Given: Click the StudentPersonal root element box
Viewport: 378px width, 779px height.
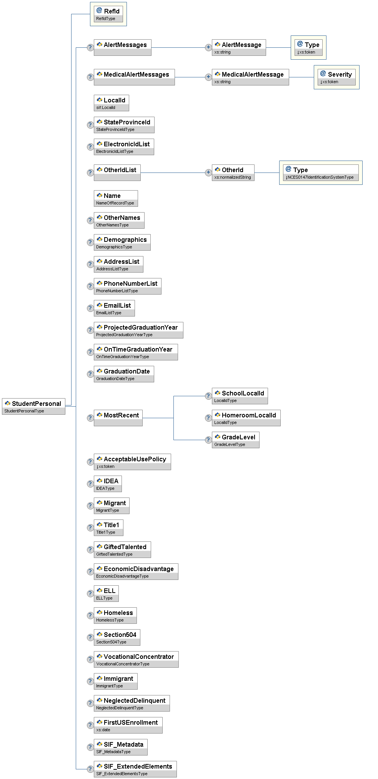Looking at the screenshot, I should pos(33,406).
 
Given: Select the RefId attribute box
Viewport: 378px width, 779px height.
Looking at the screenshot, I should pos(109,14).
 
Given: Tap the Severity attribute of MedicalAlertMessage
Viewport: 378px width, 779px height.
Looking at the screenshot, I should pos(336,77).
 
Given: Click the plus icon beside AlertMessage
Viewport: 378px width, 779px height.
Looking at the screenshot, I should pos(208,47).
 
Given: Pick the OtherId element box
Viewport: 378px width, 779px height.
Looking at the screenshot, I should pos(233,173).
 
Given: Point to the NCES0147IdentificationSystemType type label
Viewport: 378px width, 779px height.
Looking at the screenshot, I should pos(320,177).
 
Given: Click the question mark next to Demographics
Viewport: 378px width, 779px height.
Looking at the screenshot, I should pos(90,242).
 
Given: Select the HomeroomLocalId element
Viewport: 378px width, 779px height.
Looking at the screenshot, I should pos(246,418).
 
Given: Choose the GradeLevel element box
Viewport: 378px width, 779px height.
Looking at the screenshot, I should pos(236,440).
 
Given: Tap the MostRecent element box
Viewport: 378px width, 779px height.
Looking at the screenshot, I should pos(118,418).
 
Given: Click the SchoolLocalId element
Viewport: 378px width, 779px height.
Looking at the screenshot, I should pos(240,396).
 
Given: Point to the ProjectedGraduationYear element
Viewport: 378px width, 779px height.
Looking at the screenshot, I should pos(138,330).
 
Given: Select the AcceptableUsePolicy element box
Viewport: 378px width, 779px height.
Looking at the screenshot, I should pos(132,462).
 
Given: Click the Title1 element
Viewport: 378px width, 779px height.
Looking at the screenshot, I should pos(108,528).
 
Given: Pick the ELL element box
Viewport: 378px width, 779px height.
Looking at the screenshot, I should pos(106,593).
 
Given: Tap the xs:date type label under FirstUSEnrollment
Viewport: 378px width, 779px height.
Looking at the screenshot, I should pos(103,730).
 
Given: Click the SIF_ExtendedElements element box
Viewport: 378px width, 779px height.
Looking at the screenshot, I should pos(135,769).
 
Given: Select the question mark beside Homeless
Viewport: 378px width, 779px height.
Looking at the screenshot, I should pos(90,615).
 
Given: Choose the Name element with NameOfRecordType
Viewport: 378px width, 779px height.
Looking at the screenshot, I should pos(116,198).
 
